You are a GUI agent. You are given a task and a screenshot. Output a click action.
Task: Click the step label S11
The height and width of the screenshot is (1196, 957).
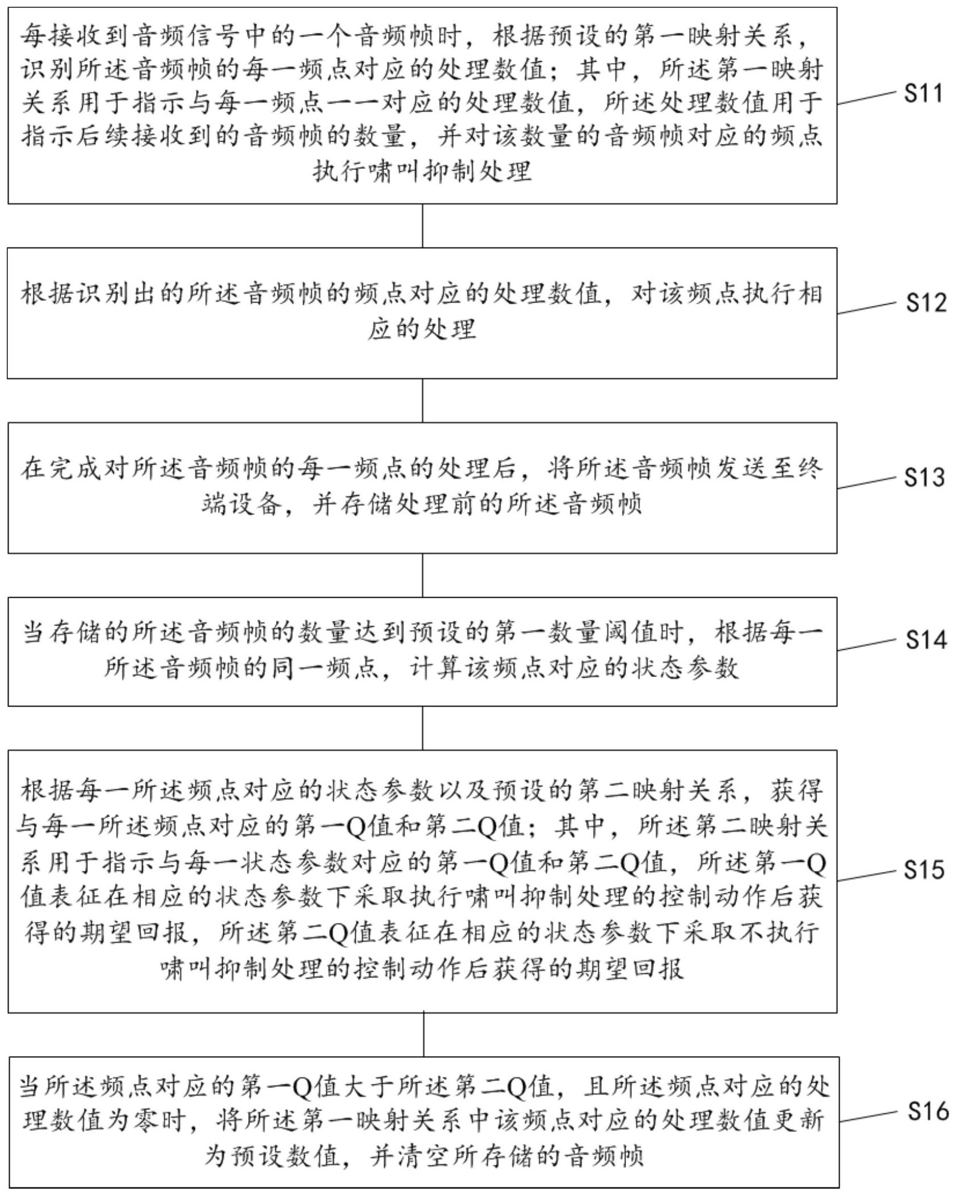click(924, 93)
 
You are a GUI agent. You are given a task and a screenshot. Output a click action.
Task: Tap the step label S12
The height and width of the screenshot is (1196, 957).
click(926, 303)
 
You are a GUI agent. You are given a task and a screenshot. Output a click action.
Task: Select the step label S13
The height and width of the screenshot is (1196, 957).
click(925, 478)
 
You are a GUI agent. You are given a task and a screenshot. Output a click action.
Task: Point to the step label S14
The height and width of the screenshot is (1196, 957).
click(926, 640)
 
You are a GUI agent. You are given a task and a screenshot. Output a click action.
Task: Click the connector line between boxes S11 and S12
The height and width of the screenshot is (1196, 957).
click(423, 225)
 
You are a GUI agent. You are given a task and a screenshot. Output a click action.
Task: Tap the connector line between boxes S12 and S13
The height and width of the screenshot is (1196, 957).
click(423, 401)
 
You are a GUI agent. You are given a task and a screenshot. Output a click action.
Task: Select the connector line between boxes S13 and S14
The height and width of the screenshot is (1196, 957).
click(423, 575)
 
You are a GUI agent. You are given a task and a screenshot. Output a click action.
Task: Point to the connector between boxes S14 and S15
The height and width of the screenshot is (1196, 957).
click(423, 728)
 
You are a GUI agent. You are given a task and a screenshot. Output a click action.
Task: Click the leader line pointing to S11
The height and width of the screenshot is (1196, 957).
click(867, 97)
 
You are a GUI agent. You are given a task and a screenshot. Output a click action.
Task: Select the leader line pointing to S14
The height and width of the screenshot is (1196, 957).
click(867, 645)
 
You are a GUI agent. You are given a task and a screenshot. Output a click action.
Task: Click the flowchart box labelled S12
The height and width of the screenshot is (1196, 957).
click(422, 313)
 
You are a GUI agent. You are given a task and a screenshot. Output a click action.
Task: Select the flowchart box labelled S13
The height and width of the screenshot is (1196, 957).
click(422, 488)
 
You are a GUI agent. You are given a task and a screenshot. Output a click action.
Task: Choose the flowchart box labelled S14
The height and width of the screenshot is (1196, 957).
click(422, 652)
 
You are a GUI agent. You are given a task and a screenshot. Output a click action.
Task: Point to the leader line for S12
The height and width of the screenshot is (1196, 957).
click(867, 308)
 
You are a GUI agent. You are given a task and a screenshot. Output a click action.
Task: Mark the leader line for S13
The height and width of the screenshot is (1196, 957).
click(867, 483)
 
